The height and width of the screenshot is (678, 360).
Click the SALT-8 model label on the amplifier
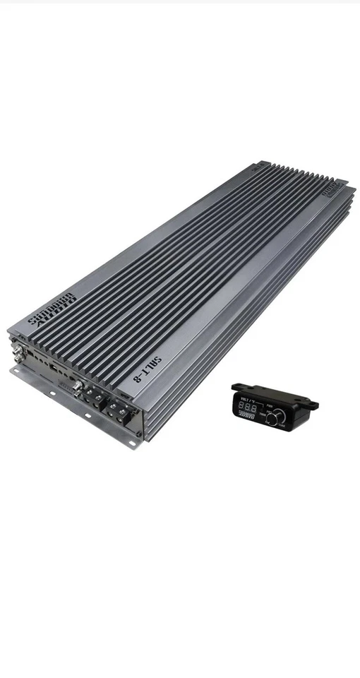pyautogui.click(x=149, y=371)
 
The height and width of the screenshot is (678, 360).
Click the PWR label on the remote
pyautogui.click(x=271, y=406)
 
